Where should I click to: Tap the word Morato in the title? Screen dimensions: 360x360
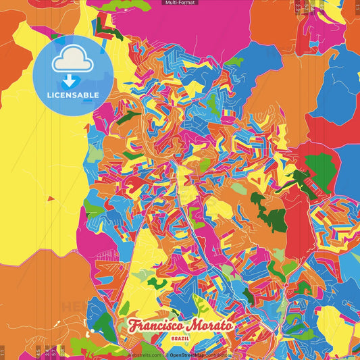click(208, 325)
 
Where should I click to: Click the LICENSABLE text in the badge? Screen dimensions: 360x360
click(73, 95)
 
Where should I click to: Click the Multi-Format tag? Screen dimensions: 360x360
click(180, 3)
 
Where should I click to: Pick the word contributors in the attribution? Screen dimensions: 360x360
click(217, 355)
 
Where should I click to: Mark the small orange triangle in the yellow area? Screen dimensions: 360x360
click(50, 199)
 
